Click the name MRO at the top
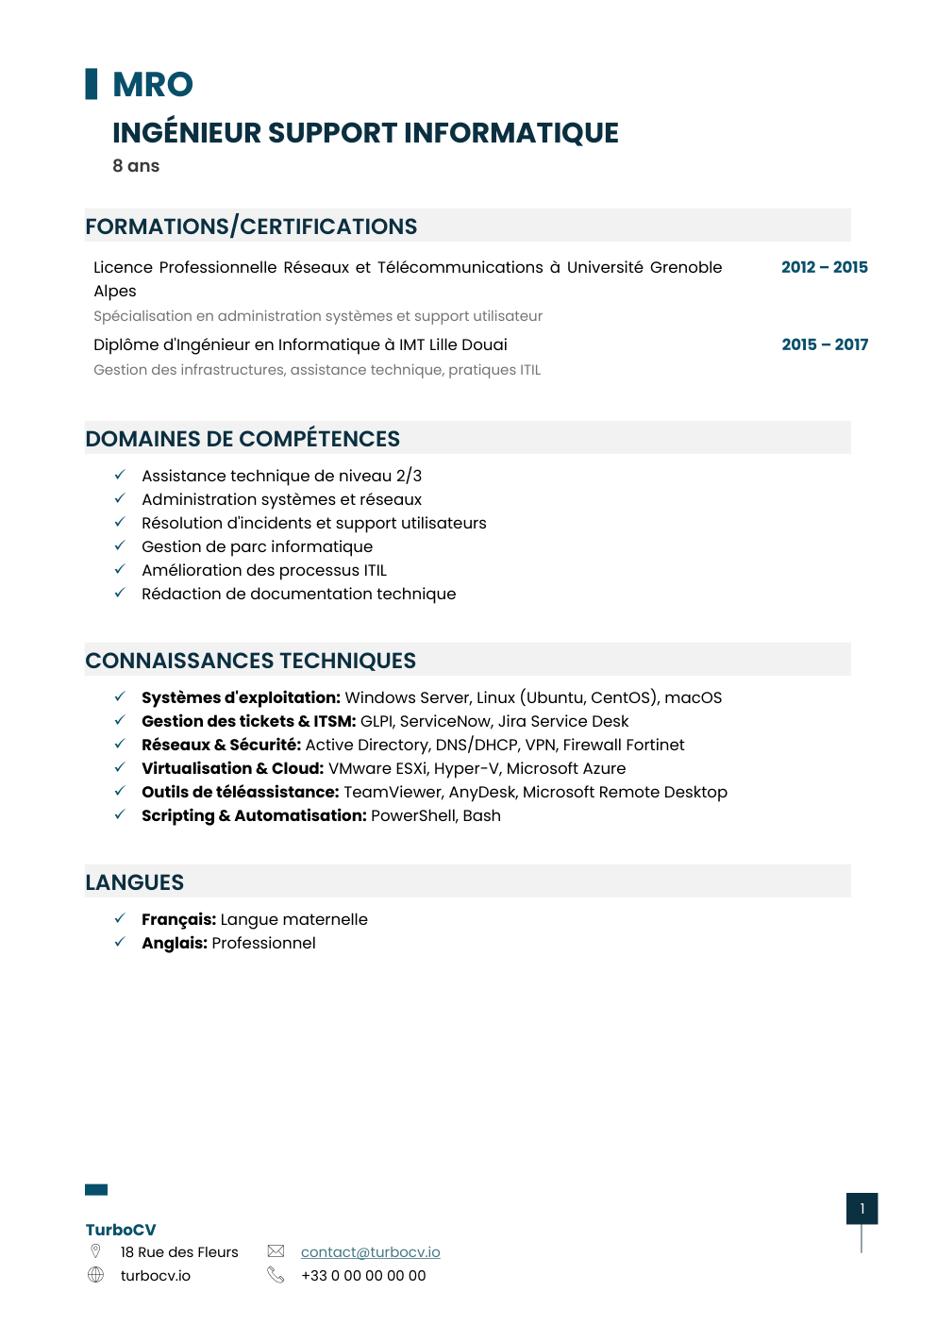[153, 85]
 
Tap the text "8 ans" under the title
[136, 166]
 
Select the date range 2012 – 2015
[824, 267]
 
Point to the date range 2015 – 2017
[825, 344]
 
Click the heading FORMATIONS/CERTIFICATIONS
[251, 226]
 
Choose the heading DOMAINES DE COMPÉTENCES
[243, 439]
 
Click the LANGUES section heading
[135, 882]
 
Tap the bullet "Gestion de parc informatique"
[257, 546]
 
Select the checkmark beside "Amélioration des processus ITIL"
[120, 569]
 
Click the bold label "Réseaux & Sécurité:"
[221, 745]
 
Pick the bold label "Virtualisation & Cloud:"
[232, 768]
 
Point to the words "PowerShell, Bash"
[436, 815]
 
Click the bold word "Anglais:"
[175, 943]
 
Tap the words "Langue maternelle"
[293, 919]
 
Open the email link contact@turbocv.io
[370, 1251]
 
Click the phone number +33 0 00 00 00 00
[363, 1275]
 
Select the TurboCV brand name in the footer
[121, 1230]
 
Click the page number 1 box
[862, 1208]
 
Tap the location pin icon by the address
[95, 1250]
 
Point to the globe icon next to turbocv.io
[95, 1275]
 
